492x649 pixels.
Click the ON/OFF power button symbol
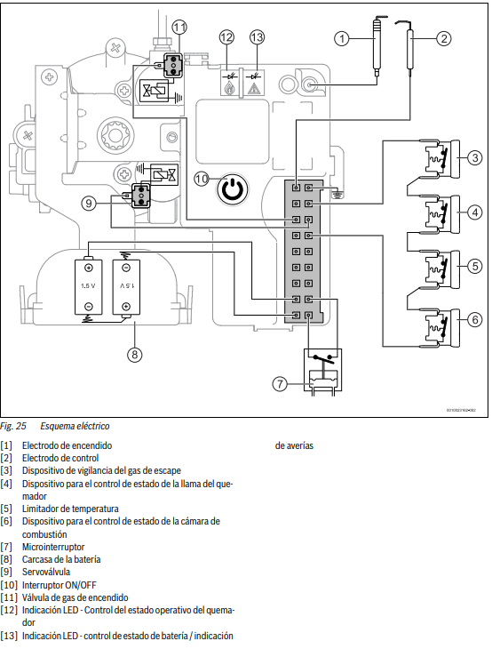[233, 189]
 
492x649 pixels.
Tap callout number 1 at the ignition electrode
[342, 39]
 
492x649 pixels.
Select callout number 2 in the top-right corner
[444, 38]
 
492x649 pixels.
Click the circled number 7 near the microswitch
[280, 384]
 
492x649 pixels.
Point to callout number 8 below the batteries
[135, 355]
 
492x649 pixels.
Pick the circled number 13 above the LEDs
[257, 37]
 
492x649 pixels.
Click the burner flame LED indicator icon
[230, 83]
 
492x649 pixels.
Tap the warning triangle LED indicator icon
[252, 83]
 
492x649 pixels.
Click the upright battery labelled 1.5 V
[89, 287]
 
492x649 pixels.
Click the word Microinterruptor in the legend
[53, 547]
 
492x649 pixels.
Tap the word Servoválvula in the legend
[46, 572]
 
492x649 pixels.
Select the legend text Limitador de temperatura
[70, 509]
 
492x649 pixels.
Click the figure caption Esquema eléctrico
[75, 427]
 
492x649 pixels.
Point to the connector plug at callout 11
[173, 65]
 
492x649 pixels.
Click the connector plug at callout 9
[141, 196]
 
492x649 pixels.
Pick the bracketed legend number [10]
[9, 585]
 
